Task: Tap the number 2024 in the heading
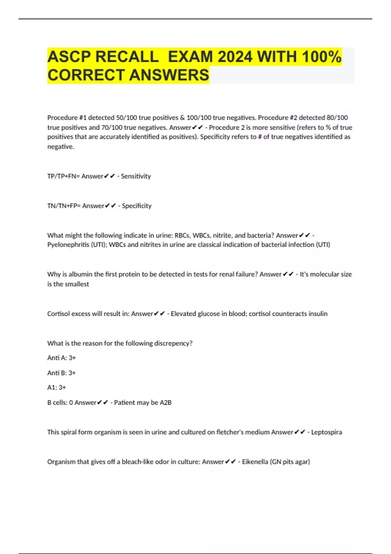[x=235, y=57]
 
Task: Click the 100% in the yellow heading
[x=321, y=57]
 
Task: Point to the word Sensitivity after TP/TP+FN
[x=136, y=176]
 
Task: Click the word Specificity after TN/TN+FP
[x=137, y=206]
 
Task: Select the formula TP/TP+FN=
[x=64, y=176]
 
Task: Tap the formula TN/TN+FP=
[x=64, y=206]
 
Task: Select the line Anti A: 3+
[x=62, y=358]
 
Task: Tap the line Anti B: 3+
[x=62, y=373]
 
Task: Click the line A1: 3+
[x=57, y=387]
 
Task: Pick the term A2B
[x=166, y=403]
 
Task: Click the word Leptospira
[x=326, y=432]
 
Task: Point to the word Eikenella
[x=255, y=462]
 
